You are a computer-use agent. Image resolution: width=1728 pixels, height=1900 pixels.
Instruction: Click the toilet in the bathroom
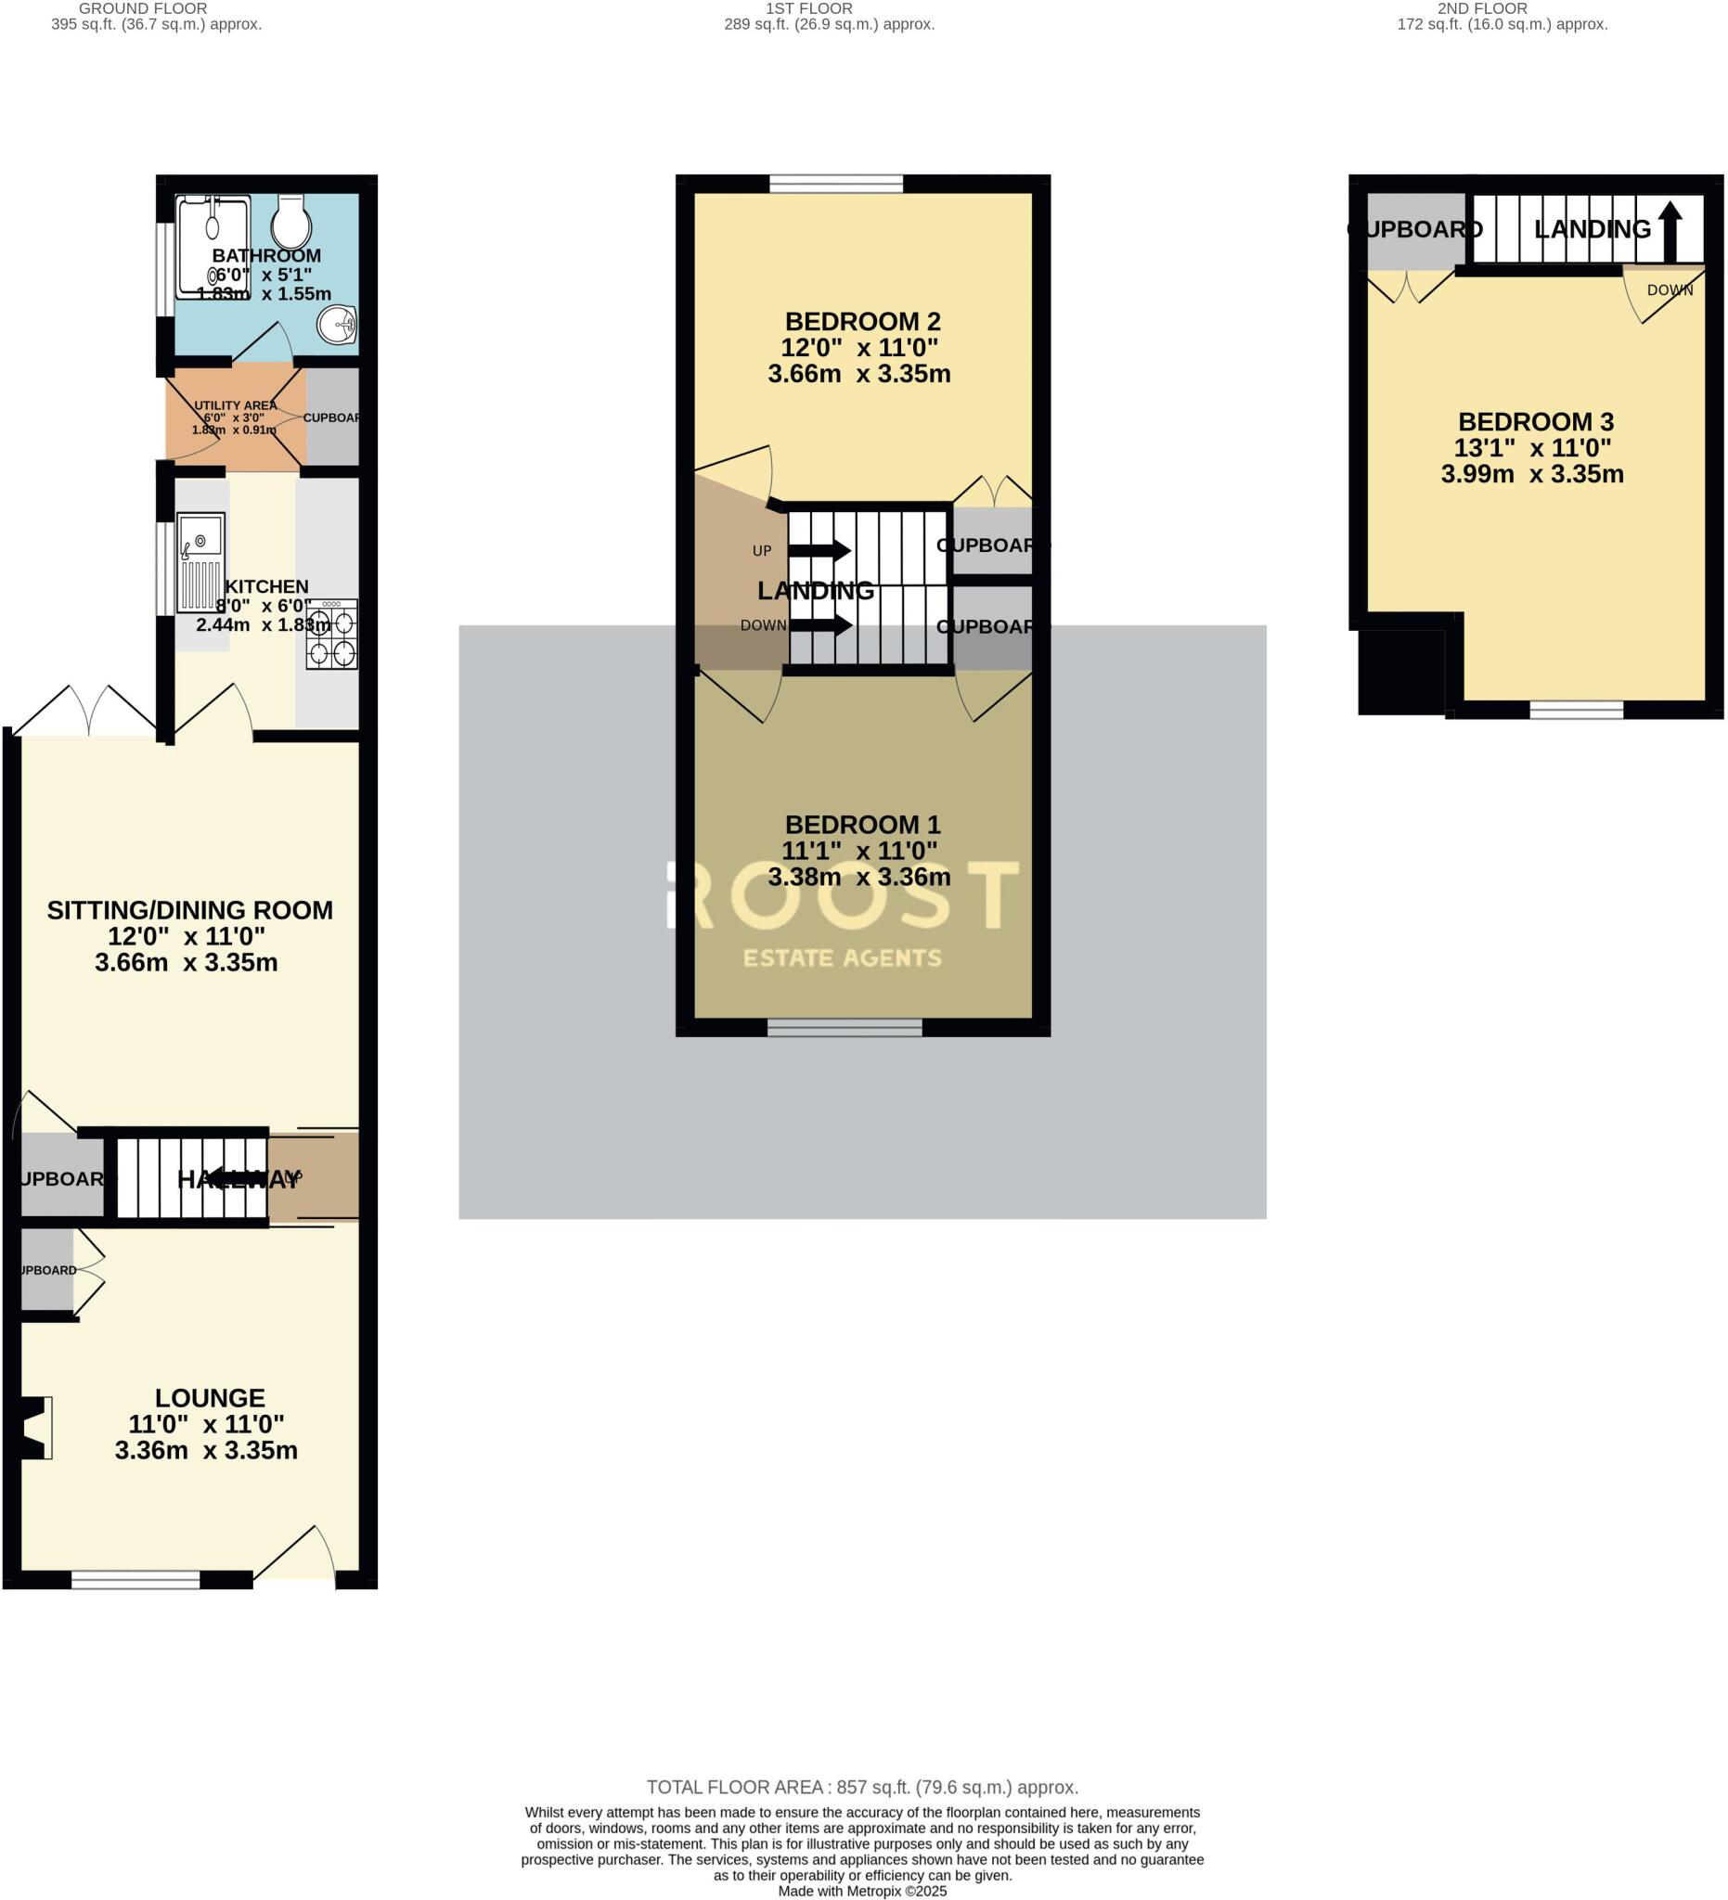292,222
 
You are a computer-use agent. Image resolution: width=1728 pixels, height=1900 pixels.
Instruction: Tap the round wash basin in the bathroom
337,325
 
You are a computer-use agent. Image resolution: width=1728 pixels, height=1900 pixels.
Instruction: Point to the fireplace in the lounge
36,1428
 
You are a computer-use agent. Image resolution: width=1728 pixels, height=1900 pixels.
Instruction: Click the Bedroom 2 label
862,322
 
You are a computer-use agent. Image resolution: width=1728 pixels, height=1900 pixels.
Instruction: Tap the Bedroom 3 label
1536,422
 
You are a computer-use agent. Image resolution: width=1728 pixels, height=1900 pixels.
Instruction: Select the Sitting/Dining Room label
189,910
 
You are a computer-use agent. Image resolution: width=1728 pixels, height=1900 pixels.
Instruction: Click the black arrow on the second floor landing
1670,231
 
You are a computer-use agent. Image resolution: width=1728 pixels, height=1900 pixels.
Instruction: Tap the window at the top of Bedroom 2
836,184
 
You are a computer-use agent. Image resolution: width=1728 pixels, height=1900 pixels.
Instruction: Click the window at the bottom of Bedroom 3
1576,710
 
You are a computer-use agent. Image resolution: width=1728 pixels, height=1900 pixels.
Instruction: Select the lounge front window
135,1580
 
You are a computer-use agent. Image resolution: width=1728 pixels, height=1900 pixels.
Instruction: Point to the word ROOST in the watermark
844,895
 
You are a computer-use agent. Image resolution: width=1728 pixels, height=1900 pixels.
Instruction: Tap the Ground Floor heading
143,8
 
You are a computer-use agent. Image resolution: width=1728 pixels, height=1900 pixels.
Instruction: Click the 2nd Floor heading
1482,8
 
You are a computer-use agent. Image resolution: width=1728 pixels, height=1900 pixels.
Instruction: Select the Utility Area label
235,405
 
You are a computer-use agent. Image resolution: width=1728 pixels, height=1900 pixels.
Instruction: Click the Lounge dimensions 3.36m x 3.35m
206,1450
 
